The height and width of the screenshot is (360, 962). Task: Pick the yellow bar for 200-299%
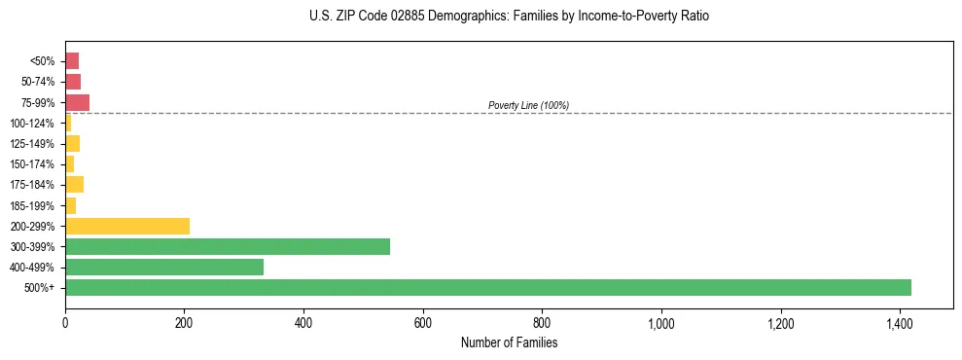pyautogui.click(x=127, y=226)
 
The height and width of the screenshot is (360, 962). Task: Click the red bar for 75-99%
pyautogui.click(x=77, y=102)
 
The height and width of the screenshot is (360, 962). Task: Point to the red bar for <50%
pyautogui.click(x=72, y=61)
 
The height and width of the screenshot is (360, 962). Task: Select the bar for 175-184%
pyautogui.click(x=74, y=185)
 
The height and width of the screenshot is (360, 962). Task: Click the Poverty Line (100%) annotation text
pyautogui.click(x=528, y=105)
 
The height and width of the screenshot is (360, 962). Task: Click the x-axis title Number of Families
pyautogui.click(x=509, y=342)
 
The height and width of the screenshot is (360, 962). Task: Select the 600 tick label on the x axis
pyautogui.click(x=423, y=323)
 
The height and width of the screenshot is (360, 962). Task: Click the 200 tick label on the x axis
pyautogui.click(x=184, y=323)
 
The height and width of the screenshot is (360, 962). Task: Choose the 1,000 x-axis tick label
pyautogui.click(x=661, y=323)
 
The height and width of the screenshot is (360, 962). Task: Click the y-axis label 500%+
pyautogui.click(x=40, y=288)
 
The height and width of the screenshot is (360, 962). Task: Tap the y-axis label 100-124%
pyautogui.click(x=32, y=124)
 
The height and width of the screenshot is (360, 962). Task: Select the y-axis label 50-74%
pyautogui.click(x=37, y=82)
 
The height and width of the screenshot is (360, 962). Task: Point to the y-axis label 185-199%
pyautogui.click(x=32, y=205)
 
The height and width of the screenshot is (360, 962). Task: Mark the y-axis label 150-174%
pyautogui.click(x=32, y=164)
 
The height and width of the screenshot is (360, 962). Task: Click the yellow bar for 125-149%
pyautogui.click(x=72, y=144)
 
